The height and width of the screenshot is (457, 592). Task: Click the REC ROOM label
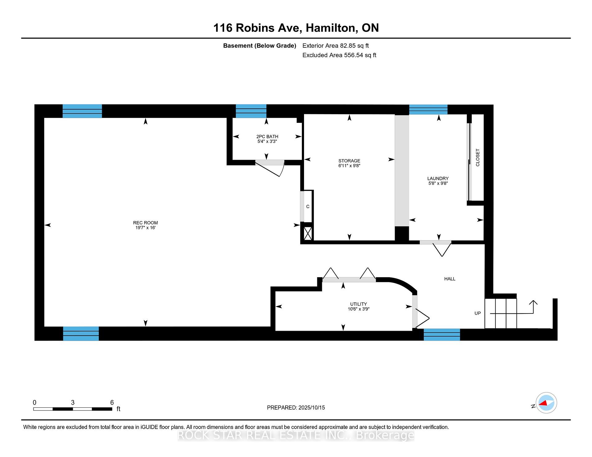pyautogui.click(x=146, y=223)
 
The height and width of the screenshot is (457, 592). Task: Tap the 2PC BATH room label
pyautogui.click(x=267, y=136)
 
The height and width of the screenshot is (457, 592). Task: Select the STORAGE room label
pyautogui.click(x=349, y=161)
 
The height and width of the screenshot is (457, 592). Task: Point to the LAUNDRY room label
pyautogui.click(x=438, y=178)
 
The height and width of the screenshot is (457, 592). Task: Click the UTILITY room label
pyautogui.click(x=359, y=304)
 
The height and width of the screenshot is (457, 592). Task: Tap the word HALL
pyautogui.click(x=450, y=279)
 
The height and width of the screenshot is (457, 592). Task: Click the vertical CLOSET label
pyautogui.click(x=478, y=158)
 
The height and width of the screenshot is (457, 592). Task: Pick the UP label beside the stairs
pyautogui.click(x=478, y=313)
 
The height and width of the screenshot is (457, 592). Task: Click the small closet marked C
pyautogui.click(x=307, y=206)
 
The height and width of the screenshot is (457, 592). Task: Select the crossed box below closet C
pyautogui.click(x=308, y=233)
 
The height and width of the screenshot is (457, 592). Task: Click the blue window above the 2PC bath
pyautogui.click(x=251, y=111)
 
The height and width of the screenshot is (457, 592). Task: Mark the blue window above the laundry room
pyautogui.click(x=428, y=110)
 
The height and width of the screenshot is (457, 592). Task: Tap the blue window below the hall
pyautogui.click(x=442, y=335)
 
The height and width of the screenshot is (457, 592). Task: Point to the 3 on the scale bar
pyautogui.click(x=73, y=402)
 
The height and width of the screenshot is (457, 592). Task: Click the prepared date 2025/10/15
pyautogui.click(x=312, y=407)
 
